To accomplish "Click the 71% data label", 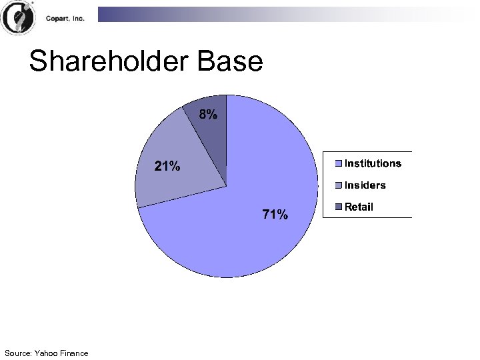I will tap(275, 215).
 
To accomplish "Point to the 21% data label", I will tap(167, 167).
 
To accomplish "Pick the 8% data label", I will tap(208, 115).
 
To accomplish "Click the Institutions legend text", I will tap(373, 163).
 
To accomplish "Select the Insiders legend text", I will tap(365, 185).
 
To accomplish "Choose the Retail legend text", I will tap(359, 207).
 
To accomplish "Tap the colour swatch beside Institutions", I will tap(339, 163).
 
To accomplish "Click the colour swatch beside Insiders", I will tap(339, 185).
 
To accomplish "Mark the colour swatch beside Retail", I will tap(339, 207).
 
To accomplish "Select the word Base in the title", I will tap(231, 62).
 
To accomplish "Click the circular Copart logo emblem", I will tap(18, 18).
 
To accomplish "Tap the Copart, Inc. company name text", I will tap(65, 19).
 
